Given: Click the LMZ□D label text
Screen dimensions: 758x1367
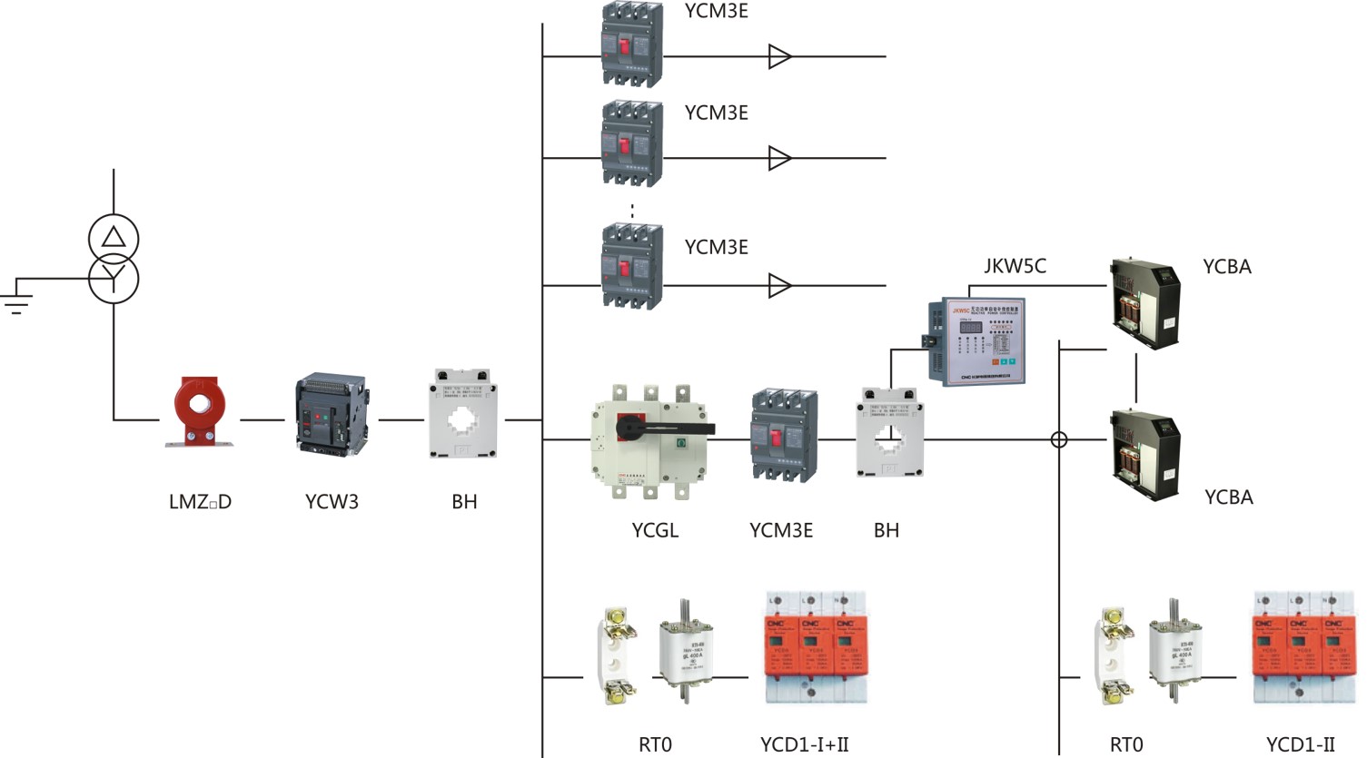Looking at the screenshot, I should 200,502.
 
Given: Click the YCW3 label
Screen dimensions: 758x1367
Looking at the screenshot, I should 332,502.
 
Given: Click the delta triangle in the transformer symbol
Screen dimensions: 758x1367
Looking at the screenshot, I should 114,238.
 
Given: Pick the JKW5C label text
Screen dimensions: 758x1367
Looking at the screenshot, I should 1015,266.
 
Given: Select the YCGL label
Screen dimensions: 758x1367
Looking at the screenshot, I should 655,531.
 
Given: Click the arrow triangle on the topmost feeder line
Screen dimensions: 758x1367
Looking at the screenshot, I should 779,56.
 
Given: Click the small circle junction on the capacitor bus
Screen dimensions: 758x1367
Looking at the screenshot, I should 1059,440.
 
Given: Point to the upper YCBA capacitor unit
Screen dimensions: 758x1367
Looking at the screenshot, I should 1145,303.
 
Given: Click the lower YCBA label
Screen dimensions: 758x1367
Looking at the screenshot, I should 1228,497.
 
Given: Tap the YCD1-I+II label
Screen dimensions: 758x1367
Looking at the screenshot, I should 804,745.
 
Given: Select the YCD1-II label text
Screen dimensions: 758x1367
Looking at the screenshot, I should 1301,745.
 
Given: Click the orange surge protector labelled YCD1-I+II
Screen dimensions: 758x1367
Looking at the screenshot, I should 814,648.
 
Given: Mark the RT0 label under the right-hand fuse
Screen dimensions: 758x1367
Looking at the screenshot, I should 1126,745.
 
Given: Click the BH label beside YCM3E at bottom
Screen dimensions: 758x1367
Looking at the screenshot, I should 886,531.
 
